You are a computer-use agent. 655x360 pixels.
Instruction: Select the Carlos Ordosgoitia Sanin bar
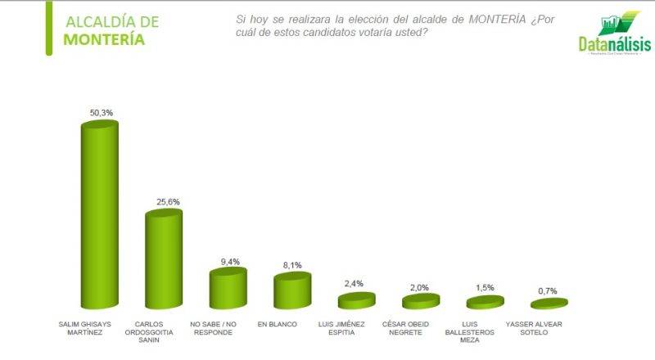[x=163, y=258]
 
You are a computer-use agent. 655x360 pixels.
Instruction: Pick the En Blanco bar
[x=291, y=289]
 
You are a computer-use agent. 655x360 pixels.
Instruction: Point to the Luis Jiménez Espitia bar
[x=355, y=300]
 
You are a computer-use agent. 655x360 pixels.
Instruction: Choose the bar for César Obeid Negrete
[x=420, y=301]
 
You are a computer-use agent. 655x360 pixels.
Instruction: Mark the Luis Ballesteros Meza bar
[x=485, y=302]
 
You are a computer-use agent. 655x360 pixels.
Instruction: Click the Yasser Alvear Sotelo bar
[x=549, y=304]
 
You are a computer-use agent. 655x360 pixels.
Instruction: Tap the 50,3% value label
[x=102, y=112]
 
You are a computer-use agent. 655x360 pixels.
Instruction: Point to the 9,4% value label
[x=230, y=262]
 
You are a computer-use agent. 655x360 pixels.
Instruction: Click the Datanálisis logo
[x=611, y=38]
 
